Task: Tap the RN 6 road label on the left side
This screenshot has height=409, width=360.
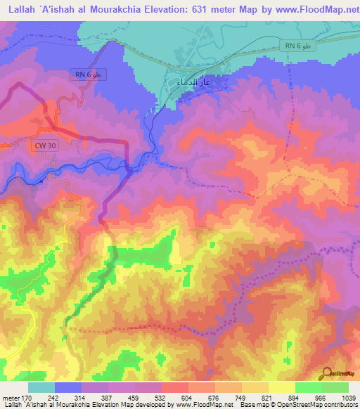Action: coord(91,74)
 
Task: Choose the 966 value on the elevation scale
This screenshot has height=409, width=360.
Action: coord(323,397)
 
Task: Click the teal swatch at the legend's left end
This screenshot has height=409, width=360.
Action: coord(41,387)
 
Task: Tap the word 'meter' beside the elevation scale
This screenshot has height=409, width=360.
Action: coord(11,397)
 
